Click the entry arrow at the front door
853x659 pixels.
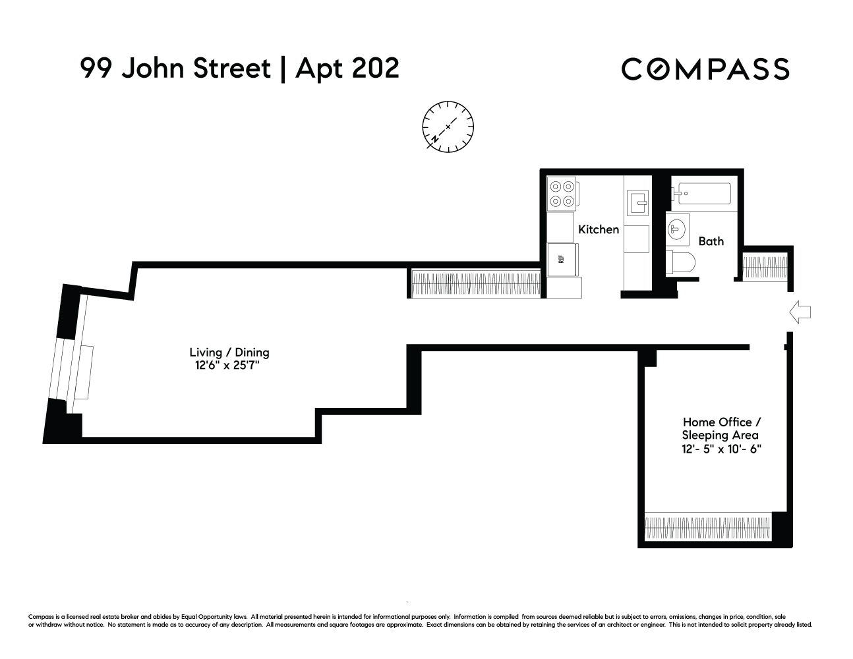click(x=800, y=312)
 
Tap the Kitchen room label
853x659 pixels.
click(x=598, y=229)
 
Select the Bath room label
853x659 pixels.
click(x=711, y=241)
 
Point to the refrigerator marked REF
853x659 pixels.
click(x=562, y=259)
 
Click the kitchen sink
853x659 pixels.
click(x=637, y=202)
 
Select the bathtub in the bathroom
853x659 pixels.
click(x=701, y=194)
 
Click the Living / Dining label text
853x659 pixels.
click(x=229, y=353)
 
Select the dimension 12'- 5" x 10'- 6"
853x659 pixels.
click(x=721, y=449)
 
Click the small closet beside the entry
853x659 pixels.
click(x=765, y=267)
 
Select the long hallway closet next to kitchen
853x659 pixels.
click(x=475, y=283)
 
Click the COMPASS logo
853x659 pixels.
click(x=705, y=69)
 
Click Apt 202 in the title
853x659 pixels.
click(x=347, y=68)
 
